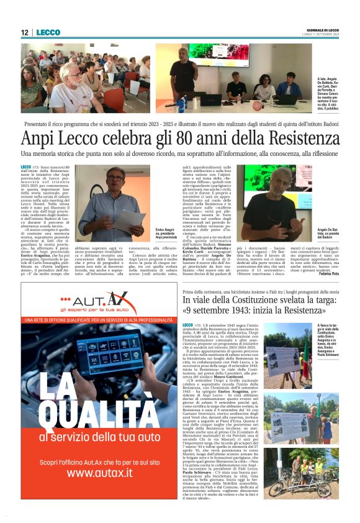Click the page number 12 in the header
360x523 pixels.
[x=25, y=32]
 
